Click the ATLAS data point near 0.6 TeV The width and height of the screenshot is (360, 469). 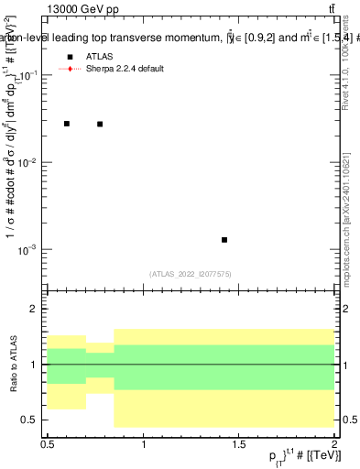click(67, 123)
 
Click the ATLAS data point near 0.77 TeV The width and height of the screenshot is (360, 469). click(100, 124)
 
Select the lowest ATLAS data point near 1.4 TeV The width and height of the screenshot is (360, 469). click(224, 240)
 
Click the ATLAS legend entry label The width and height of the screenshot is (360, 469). click(101, 57)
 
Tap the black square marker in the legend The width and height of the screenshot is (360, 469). click(70, 57)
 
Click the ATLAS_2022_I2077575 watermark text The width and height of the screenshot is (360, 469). click(191, 273)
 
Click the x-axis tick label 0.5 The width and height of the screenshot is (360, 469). click(49, 442)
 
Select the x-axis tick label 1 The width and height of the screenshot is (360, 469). click(144, 442)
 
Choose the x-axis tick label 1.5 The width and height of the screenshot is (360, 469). click(239, 442)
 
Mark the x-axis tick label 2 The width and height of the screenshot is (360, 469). click(334, 442)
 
